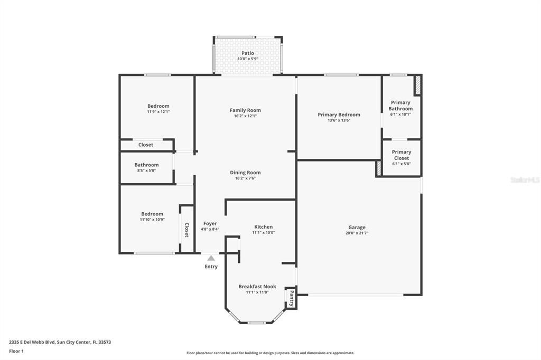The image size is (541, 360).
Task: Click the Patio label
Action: (248, 53)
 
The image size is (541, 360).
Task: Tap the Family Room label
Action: (245, 110)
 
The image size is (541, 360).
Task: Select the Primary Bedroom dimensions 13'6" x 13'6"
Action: (339, 120)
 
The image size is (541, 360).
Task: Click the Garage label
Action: (357, 228)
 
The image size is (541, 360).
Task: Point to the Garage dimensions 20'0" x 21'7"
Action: (357, 233)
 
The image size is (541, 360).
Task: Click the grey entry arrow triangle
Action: (211, 258)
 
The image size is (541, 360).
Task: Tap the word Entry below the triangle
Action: (211, 267)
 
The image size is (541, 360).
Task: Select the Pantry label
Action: (291, 298)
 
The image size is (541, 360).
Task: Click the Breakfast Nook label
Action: (257, 287)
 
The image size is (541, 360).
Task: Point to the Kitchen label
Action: (263, 227)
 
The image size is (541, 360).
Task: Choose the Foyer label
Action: (210, 224)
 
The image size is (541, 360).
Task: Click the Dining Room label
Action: (245, 173)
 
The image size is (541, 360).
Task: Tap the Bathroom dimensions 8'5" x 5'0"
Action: (146, 170)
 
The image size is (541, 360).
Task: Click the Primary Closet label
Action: (401, 155)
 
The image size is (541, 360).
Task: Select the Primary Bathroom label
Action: (401, 106)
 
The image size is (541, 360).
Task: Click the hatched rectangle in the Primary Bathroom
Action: (417, 86)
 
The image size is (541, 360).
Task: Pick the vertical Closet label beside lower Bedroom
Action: (186, 230)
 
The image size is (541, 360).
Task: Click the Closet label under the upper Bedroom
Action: (146, 145)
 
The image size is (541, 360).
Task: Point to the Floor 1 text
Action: (17, 350)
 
